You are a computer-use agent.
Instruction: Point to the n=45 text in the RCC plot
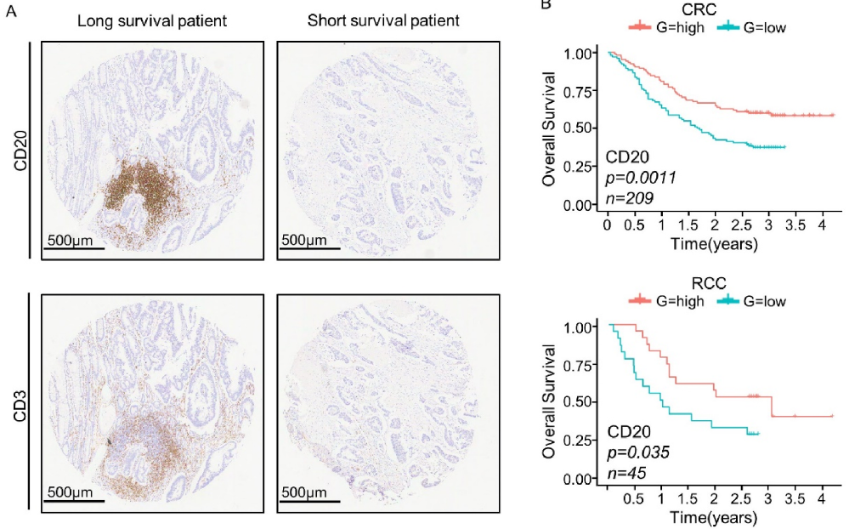[625, 471]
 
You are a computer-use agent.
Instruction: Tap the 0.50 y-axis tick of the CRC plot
[581, 128]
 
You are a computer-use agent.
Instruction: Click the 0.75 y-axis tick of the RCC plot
[581, 364]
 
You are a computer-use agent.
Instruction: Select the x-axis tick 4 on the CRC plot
[820, 225]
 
